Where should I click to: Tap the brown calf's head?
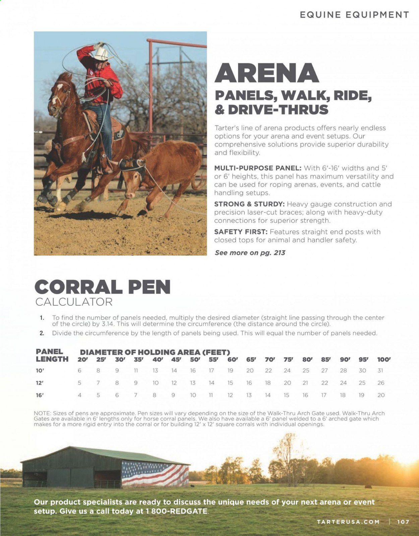pos(133,166)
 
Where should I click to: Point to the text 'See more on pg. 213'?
pos(250,253)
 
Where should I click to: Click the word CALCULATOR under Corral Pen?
pos(74,302)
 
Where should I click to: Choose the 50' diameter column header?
pos(195,360)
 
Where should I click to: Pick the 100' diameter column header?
pos(383,360)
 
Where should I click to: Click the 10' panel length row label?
pos(40,371)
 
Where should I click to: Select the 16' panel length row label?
pos(40,395)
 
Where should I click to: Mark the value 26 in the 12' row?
pos(381,383)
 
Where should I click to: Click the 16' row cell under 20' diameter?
pos(79,395)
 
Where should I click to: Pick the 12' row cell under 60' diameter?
pos(230,383)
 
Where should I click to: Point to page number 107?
pos(403,522)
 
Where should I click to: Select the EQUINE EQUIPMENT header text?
pos(354,15)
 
